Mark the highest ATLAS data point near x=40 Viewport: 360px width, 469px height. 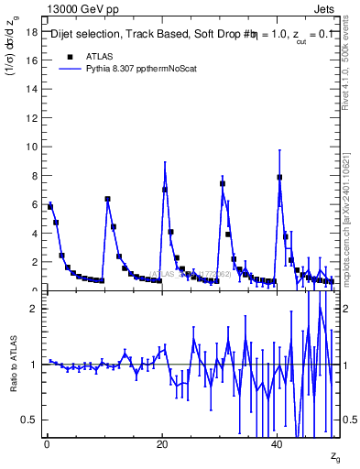point(279,178)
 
